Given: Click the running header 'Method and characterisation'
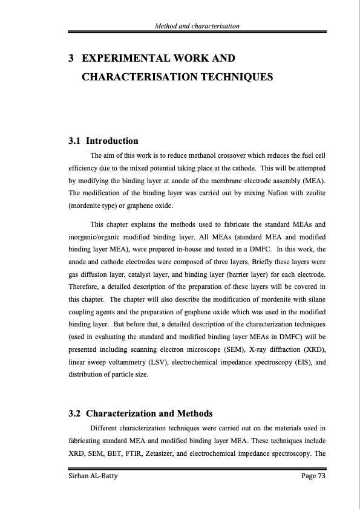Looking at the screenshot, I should click(x=197, y=26).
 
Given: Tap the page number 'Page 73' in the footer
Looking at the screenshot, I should click(x=313, y=478).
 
